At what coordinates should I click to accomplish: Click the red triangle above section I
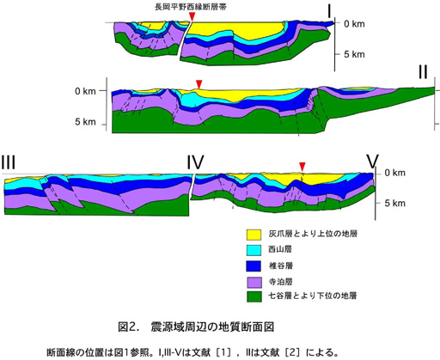point(192,16)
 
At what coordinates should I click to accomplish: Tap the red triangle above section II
point(199,84)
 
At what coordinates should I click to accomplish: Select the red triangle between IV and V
point(302,167)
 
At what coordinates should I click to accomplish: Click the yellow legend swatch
point(254,235)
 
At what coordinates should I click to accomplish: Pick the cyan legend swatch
point(254,250)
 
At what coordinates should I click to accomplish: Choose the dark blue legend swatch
point(254,266)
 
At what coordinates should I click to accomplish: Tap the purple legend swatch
point(254,282)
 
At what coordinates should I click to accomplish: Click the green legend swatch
point(254,296)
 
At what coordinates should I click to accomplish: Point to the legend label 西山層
point(280,249)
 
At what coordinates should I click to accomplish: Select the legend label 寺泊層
point(280,282)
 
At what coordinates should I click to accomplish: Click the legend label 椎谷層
point(280,265)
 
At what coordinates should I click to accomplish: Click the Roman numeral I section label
point(329,11)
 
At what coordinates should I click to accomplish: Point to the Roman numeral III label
point(8,162)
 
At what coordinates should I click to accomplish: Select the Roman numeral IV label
point(195,162)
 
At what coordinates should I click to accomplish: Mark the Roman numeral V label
point(373,162)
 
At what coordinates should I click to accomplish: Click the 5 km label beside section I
point(354,54)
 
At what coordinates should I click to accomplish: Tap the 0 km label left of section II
point(85,91)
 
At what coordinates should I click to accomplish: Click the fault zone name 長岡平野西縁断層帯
point(191,7)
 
